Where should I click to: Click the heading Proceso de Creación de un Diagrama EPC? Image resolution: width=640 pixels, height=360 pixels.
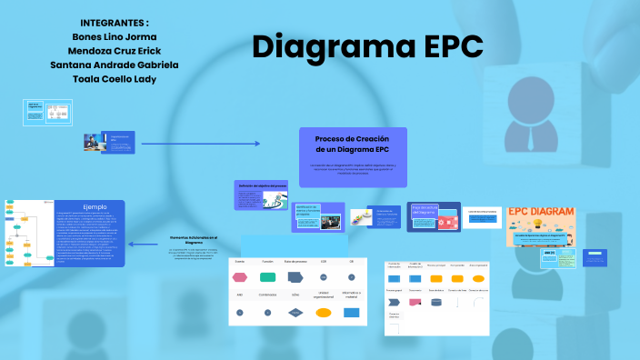click(352, 144)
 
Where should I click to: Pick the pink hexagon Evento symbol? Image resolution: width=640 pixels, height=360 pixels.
click(240, 275)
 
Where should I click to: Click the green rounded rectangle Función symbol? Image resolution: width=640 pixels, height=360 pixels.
click(267, 275)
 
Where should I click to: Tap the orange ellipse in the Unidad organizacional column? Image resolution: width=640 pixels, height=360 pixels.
click(323, 312)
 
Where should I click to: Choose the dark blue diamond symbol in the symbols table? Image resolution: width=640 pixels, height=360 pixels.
click(295, 312)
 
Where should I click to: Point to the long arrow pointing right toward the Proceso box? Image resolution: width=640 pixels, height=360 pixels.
click(201, 144)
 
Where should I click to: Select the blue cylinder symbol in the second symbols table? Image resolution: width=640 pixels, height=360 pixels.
click(435, 303)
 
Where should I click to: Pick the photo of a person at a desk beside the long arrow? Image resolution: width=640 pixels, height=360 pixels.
click(94, 142)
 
